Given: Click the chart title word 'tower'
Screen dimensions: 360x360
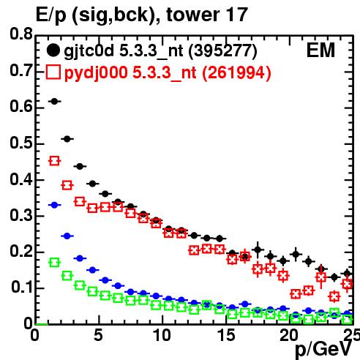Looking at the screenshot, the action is coord(193,15).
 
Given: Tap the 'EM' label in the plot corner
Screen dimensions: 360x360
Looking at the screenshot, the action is coord(320,50).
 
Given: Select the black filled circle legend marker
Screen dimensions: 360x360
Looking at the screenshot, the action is coord(53,50).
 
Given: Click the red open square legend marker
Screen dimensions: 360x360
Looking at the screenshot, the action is coord(53,72).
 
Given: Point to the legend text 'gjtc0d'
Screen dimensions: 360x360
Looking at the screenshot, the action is coord(89,51).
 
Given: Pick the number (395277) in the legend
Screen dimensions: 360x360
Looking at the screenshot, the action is coord(222,50).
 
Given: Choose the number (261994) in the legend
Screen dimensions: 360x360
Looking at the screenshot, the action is coord(236,73).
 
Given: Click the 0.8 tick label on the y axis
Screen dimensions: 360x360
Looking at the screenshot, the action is coord(21,34).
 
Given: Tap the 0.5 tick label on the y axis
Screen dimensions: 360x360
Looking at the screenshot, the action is coord(21,143).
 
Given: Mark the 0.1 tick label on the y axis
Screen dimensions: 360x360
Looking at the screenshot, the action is coord(21,287).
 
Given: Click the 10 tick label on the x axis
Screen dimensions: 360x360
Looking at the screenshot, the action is coord(162,335).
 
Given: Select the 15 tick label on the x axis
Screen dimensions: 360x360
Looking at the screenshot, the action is coord(226,335).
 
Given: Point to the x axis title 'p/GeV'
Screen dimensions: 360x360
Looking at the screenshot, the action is coord(323,349).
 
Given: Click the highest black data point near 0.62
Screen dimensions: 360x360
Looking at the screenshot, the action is coord(54,101).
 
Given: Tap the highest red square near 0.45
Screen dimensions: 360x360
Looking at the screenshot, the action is coord(54,161).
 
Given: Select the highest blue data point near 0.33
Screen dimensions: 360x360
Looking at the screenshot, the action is coord(54,205).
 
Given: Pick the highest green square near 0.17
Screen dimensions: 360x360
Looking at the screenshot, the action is coord(54,263).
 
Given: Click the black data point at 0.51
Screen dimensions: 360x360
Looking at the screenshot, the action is coord(67,139).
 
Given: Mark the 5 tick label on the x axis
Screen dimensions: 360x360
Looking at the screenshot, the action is coord(98,335).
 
